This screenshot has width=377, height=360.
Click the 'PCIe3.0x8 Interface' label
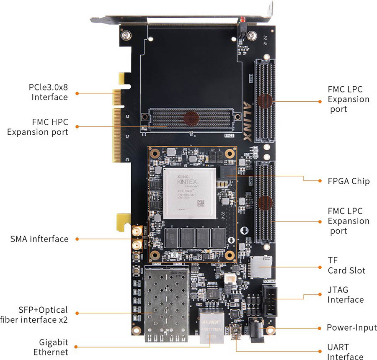(48, 93)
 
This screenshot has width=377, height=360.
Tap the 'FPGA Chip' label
(349, 181)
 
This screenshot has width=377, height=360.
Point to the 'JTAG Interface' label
(345, 295)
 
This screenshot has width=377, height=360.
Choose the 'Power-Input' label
(351, 328)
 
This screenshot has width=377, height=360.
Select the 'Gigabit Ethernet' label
(53, 347)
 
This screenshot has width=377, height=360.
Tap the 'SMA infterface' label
(39, 239)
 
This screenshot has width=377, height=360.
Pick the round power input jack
(256, 328)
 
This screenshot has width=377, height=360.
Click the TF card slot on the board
(259, 267)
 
